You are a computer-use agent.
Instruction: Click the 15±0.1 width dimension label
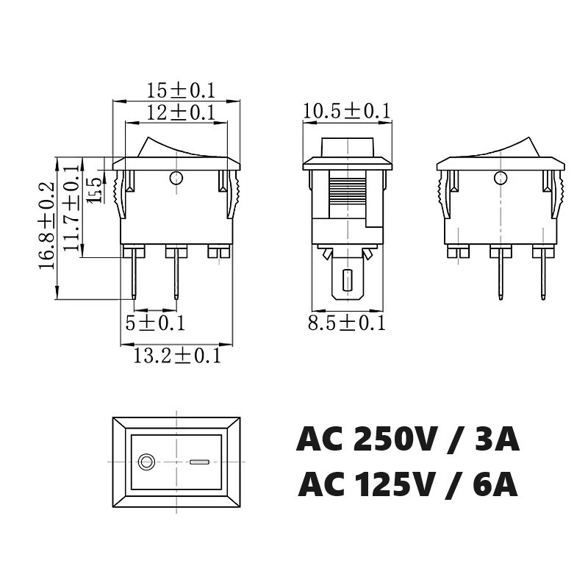[x=180, y=91]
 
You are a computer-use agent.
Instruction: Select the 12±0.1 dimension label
[x=180, y=112]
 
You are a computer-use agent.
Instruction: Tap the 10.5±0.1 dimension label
[x=346, y=111]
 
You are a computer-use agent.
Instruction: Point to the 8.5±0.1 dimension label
[x=346, y=323]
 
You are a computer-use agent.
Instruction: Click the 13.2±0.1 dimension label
[x=177, y=356]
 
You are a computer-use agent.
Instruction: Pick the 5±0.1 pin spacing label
[x=155, y=323]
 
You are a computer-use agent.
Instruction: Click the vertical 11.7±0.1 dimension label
[x=71, y=208]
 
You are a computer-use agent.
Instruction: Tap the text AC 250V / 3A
[x=408, y=440]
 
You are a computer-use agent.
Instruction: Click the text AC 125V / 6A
[x=408, y=485]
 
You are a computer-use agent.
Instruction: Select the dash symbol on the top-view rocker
[x=199, y=462]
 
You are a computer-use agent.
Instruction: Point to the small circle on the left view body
[x=176, y=177]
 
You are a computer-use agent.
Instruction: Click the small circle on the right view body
[x=501, y=177]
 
